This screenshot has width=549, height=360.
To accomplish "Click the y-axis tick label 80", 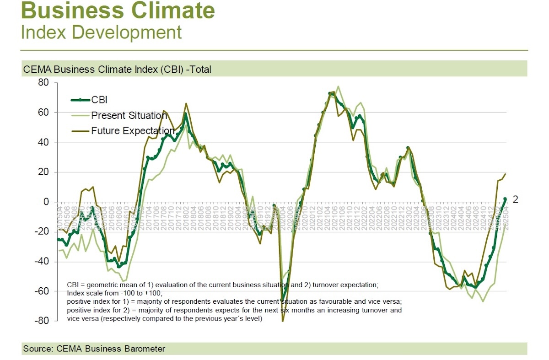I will pyautogui.click(x=43, y=83).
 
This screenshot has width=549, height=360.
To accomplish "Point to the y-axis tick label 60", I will pyautogui.click(x=43, y=113).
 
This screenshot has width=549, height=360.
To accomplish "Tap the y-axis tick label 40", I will pyautogui.click(x=43, y=142).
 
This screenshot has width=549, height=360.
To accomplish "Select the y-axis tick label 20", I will pyautogui.click(x=43, y=172).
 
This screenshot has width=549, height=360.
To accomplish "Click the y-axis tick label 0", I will pyautogui.click(x=46, y=202).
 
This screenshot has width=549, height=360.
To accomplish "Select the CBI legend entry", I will pyautogui.click(x=99, y=100).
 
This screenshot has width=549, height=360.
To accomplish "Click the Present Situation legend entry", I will pyautogui.click(x=129, y=115).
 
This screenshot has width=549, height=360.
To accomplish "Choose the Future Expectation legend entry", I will pyautogui.click(x=133, y=131).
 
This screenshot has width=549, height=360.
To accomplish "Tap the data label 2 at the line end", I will pyautogui.click(x=515, y=199).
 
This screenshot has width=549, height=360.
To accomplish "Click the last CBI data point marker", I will pyautogui.click(x=505, y=199).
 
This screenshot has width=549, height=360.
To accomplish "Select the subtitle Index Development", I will pyautogui.click(x=101, y=32).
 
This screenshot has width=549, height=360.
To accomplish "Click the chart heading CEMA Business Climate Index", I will pyautogui.click(x=116, y=70).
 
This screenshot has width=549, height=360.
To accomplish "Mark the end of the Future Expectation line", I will pyautogui.click(x=506, y=174).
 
